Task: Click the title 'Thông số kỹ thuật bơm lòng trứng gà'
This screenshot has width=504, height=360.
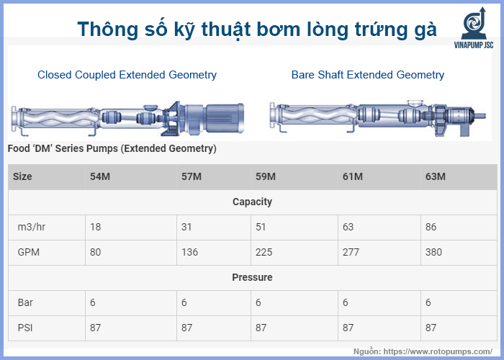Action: tap(256, 29)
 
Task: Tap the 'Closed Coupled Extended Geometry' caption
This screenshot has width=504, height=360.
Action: tap(127, 75)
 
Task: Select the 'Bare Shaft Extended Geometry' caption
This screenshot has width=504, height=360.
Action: tap(367, 75)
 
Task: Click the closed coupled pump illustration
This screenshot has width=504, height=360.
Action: tap(126, 115)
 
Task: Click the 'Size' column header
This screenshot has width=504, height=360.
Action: tap(23, 177)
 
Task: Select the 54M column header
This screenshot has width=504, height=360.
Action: tap(99, 177)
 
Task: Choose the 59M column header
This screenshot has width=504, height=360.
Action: tap(266, 177)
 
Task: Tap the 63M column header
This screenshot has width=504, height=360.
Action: tap(436, 177)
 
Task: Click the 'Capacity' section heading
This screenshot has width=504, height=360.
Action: tap(252, 202)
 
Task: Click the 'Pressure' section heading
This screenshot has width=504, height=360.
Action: tap(252, 277)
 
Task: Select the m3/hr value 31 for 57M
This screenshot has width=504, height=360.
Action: tap(187, 228)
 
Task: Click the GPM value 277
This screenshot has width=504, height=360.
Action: tap(352, 253)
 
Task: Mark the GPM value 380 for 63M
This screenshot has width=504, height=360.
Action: tap(435, 253)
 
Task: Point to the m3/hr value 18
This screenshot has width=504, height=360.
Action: tap(95, 228)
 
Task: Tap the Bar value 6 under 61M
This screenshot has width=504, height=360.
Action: tap(346, 302)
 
